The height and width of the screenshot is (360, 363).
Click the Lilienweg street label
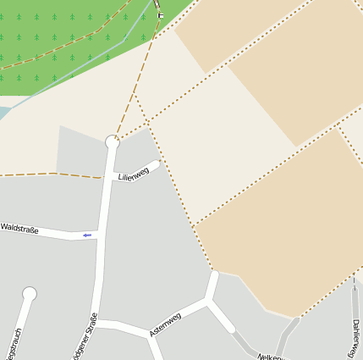pyautogui.click(x=134, y=173)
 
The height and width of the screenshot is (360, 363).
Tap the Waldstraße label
pyautogui.click(x=19, y=228)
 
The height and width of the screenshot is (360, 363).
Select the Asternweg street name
pyautogui.click(x=165, y=324)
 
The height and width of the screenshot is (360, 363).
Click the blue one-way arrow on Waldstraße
pyautogui.click(x=86, y=235)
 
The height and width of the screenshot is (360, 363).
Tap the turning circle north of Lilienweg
pyautogui.click(x=113, y=142)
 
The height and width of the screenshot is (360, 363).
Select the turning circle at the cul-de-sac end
pyautogui.click(x=30, y=294)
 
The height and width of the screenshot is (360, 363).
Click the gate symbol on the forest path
pyautogui.click(x=160, y=15)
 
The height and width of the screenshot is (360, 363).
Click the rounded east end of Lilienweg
pyautogui.click(x=155, y=164)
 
